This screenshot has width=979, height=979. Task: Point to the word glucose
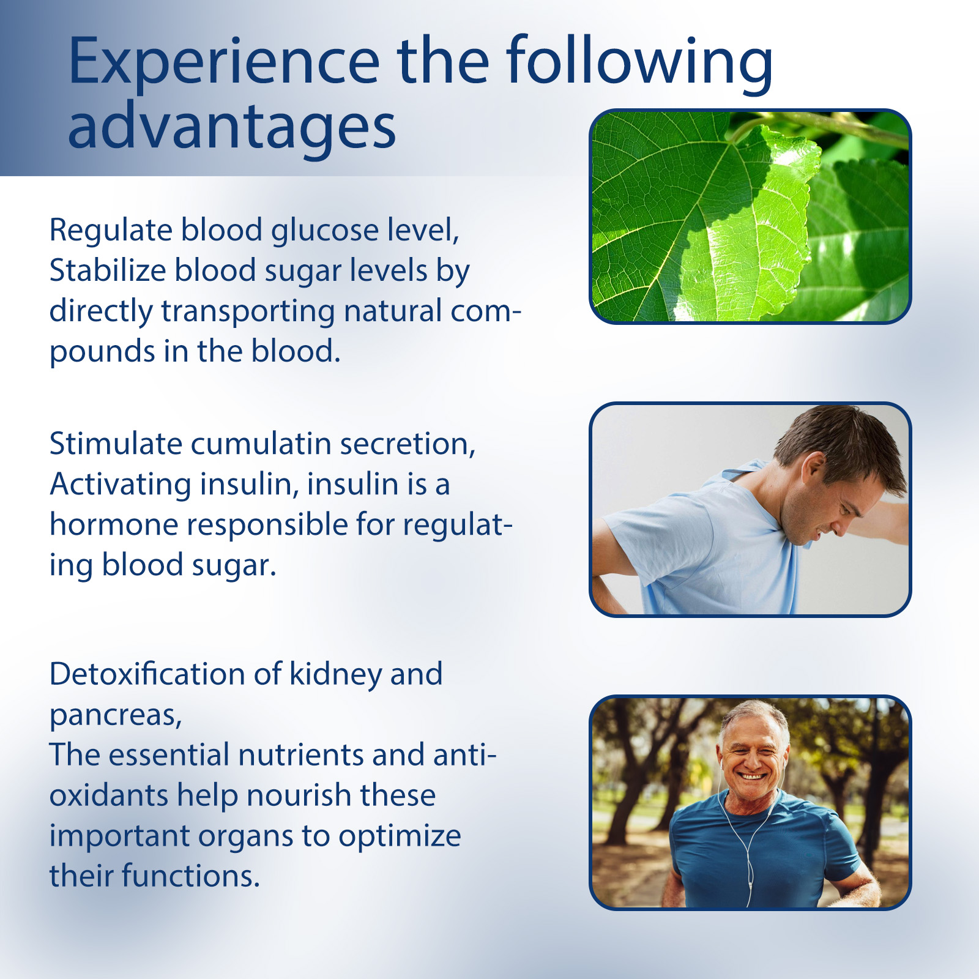click(x=325, y=231)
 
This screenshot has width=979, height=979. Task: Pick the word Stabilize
click(x=108, y=270)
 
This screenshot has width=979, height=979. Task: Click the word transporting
click(x=248, y=312)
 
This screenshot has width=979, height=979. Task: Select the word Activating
click(x=121, y=485)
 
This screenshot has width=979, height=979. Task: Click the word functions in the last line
click(x=191, y=876)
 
